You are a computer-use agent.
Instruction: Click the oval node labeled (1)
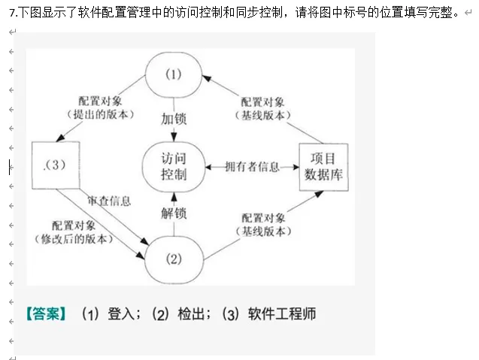click(174, 74)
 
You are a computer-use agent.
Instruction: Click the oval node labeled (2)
click(174, 259)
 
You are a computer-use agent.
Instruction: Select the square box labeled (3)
click(57, 166)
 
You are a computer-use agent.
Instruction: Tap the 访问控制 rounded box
click(174, 166)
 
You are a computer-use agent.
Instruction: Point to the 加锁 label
click(174, 118)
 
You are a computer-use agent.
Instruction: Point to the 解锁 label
click(174, 213)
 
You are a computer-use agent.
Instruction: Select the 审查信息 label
click(109, 201)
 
